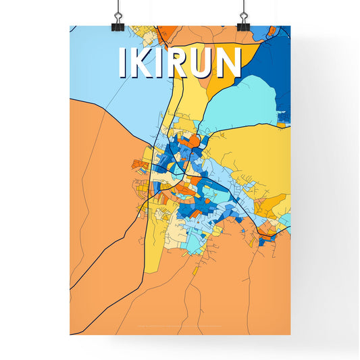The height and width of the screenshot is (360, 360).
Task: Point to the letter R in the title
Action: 183,63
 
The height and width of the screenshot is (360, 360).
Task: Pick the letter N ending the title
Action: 230,63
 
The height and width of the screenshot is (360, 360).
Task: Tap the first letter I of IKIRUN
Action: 122,63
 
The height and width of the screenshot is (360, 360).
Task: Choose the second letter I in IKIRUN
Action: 164,63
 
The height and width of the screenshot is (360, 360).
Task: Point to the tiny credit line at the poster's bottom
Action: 180,327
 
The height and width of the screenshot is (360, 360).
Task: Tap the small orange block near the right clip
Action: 270,31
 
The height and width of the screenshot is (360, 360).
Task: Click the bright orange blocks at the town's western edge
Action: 140,164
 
